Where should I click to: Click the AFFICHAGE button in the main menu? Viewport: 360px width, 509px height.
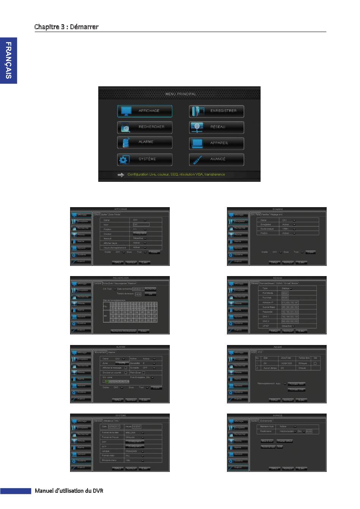[x=144, y=111]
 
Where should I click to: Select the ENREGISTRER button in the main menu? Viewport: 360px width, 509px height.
[x=216, y=111]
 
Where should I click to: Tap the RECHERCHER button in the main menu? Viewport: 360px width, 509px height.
[x=144, y=127]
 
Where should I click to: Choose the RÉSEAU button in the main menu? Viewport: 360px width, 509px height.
[x=216, y=127]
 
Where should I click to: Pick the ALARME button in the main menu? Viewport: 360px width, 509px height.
[x=144, y=142]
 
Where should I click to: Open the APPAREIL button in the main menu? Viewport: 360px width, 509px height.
[x=216, y=143]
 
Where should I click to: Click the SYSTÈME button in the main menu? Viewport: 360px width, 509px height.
[x=144, y=159]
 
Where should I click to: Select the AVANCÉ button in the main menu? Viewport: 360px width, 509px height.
[x=216, y=159]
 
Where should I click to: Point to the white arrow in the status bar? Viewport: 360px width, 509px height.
[x=121, y=175]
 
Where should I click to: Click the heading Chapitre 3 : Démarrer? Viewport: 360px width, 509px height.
[x=66, y=27]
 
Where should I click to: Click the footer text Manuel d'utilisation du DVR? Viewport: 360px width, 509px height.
[x=69, y=491]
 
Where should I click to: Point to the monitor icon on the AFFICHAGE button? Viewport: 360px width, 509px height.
[x=125, y=111]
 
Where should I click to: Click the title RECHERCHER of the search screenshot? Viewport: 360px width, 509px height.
[x=121, y=278]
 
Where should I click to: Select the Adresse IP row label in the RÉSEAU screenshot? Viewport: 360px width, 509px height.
[x=268, y=303]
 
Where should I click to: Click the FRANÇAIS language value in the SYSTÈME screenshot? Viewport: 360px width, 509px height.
[x=131, y=451]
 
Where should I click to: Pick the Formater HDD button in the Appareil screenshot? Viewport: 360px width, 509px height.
[x=296, y=384]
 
